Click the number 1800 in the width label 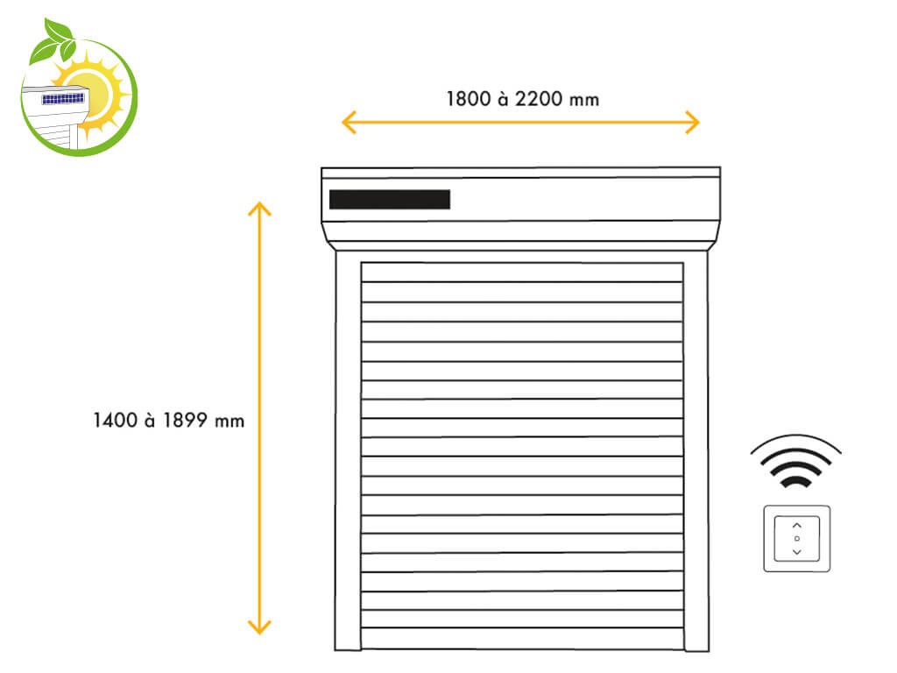click(x=469, y=99)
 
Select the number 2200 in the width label click(x=539, y=99)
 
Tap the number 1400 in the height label click(x=115, y=421)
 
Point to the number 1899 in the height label click(x=185, y=421)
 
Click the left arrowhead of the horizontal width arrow click(x=349, y=123)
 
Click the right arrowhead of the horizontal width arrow click(x=692, y=123)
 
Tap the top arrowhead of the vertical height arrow click(x=259, y=209)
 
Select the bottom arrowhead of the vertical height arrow click(x=259, y=627)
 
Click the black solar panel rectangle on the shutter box click(x=390, y=200)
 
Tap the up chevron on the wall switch click(x=797, y=526)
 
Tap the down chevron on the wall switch click(x=797, y=552)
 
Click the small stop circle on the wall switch click(x=797, y=539)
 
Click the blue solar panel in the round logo click(x=63, y=100)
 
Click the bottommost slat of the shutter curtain click(x=522, y=639)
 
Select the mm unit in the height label click(x=230, y=422)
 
